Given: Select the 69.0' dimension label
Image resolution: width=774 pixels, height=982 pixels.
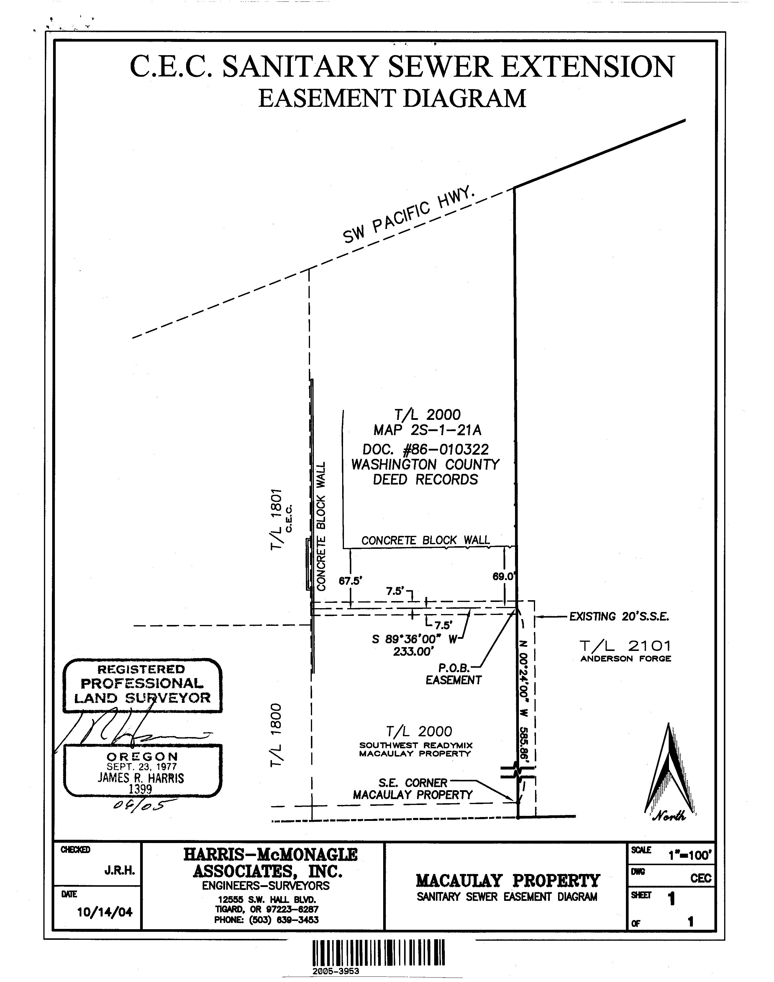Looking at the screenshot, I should point(504,576).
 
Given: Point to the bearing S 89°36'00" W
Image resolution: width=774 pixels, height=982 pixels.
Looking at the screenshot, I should point(414,639).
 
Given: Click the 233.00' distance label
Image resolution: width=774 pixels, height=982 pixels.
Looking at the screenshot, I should point(414,652).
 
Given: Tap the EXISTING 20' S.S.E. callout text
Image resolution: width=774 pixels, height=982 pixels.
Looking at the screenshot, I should point(619,617).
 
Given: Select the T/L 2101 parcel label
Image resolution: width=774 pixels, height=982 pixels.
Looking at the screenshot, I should point(625,646).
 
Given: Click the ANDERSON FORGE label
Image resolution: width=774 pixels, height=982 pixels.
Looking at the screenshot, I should point(625,659).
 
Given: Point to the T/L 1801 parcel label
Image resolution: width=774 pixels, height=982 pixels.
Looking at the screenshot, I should point(276,519).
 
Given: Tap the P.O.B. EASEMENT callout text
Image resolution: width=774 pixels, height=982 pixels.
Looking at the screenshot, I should point(453,674).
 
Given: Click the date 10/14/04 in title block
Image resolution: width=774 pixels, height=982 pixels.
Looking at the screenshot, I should point(105,912).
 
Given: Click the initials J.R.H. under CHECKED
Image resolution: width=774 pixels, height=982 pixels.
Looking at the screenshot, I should point(120,870).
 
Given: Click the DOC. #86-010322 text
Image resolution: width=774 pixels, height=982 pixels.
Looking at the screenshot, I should point(426,449).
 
